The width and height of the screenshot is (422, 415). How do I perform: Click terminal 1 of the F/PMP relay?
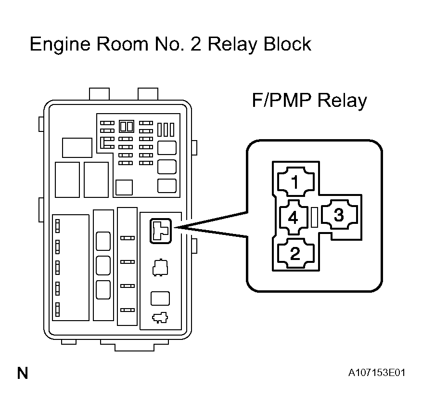coord(295,181)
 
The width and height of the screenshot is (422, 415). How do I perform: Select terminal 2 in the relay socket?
coord(295,253)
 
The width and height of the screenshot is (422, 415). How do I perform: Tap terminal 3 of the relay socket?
coord(339,215)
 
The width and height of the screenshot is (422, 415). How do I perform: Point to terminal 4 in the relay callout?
coord(294,217)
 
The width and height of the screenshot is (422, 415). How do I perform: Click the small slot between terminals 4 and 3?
coord(314,217)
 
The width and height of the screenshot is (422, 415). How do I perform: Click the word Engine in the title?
coord(60,45)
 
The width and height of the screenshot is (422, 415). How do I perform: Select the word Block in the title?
coord(287,44)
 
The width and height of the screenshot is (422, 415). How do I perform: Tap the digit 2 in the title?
coord(196,44)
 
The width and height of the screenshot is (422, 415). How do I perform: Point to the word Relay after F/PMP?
coord(342,101)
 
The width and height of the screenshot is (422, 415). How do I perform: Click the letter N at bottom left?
coord(23,373)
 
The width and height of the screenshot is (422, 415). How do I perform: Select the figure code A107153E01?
coord(376,373)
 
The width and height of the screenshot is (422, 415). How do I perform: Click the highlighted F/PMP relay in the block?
coord(161,231)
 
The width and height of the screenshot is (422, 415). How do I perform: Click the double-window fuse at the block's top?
coord(127,126)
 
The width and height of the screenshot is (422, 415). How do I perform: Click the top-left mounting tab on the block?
coord(99,94)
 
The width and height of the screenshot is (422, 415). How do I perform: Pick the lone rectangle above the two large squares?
coord(77,148)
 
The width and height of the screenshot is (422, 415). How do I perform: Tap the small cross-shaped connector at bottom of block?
coord(160,318)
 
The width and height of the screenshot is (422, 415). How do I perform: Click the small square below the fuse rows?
coord(124,187)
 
